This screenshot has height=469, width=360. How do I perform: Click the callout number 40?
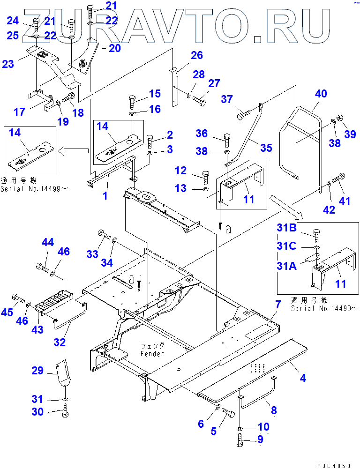point(321,94)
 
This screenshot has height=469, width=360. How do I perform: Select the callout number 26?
point(196,56)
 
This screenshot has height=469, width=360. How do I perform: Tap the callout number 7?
point(278,305)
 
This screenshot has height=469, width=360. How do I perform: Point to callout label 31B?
point(287,229)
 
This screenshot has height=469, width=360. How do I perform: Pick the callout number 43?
point(37,329)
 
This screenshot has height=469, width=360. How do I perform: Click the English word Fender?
point(152,354)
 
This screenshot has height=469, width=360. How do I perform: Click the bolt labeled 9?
point(240,441)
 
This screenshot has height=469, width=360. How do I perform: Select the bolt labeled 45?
point(19,298)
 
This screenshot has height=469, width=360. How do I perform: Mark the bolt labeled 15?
point(132,100)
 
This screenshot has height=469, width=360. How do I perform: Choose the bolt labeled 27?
point(200,100)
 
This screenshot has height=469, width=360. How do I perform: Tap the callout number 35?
point(266,148)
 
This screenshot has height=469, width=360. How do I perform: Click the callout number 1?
point(105,195)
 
